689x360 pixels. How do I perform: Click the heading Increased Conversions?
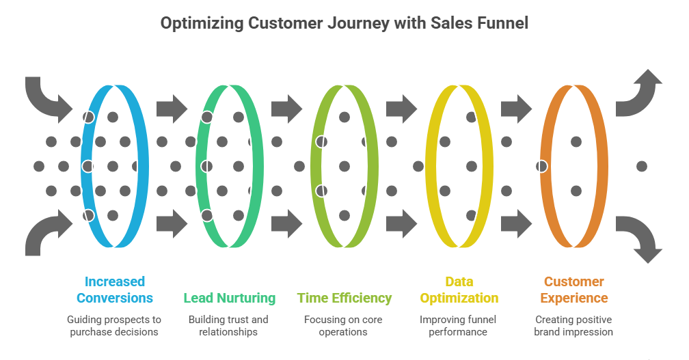[115, 290]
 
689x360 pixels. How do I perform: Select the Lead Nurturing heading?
[230, 298]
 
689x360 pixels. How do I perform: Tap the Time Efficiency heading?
[344, 298]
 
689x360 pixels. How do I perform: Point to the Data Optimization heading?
[459, 290]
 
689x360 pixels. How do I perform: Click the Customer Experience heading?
[574, 290]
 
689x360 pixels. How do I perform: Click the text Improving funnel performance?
[459, 326]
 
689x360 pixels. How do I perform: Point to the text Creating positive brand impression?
[574, 326]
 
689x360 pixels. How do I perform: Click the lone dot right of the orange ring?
[641, 166]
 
